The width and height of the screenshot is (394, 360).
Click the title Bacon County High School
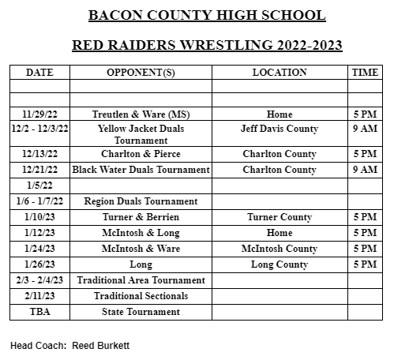click(x=196, y=16)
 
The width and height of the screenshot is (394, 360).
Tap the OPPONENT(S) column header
click(x=141, y=73)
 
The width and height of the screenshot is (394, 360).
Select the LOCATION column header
click(x=280, y=73)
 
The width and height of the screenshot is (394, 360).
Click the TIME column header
click(x=365, y=73)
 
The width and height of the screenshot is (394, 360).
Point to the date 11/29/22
click(x=39, y=114)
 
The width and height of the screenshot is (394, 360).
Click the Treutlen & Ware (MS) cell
click(x=141, y=114)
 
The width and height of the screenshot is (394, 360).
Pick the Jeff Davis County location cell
click(x=280, y=129)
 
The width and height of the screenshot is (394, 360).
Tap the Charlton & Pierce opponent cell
click(x=141, y=154)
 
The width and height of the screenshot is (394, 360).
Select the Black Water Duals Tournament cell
click(x=141, y=170)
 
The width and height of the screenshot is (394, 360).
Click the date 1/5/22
click(x=39, y=186)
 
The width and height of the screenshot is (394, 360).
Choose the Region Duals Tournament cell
click(x=141, y=201)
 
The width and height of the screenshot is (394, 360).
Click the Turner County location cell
click(x=280, y=217)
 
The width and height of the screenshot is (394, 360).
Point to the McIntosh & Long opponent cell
click(x=141, y=233)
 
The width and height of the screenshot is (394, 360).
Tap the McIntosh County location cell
click(x=280, y=249)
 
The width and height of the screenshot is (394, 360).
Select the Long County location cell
click(x=280, y=264)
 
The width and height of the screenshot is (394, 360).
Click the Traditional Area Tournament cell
click(x=141, y=280)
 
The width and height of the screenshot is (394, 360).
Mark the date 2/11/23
click(x=39, y=296)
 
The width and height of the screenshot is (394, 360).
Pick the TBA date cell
click(x=39, y=312)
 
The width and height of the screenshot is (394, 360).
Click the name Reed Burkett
click(x=103, y=346)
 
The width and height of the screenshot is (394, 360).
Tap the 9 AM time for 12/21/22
click(x=365, y=170)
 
